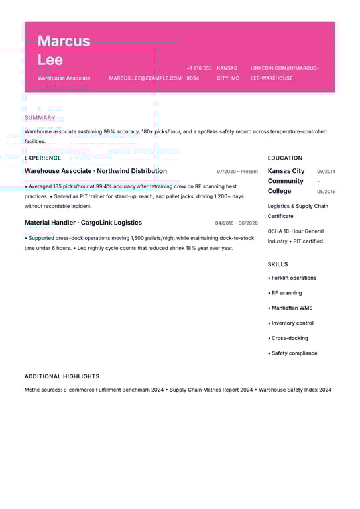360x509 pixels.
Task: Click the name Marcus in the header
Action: point(64,41)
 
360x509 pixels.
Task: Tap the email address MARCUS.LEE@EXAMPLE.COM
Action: point(145,78)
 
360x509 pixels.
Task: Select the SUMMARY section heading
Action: point(40,118)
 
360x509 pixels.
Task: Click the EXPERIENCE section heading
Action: point(42,158)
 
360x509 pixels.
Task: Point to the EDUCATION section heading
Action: point(285,158)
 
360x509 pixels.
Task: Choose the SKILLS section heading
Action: point(278,264)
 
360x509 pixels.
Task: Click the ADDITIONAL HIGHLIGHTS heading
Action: point(62,376)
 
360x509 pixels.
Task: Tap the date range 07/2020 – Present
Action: point(237,172)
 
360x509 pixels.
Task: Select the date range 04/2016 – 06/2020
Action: point(237,223)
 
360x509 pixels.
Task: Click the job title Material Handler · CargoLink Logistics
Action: point(83,223)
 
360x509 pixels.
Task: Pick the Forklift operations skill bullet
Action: point(294,278)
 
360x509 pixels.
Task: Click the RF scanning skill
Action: point(286,293)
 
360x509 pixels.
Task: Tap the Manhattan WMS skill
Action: point(292,308)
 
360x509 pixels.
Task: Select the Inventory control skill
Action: point(292,323)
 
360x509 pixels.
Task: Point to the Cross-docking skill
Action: point(290,338)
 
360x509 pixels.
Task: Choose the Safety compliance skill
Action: point(294,353)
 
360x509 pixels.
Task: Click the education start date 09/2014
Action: point(326,172)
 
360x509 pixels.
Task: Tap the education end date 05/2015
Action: point(326,192)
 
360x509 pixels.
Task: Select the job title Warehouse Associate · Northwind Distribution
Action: point(95,171)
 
